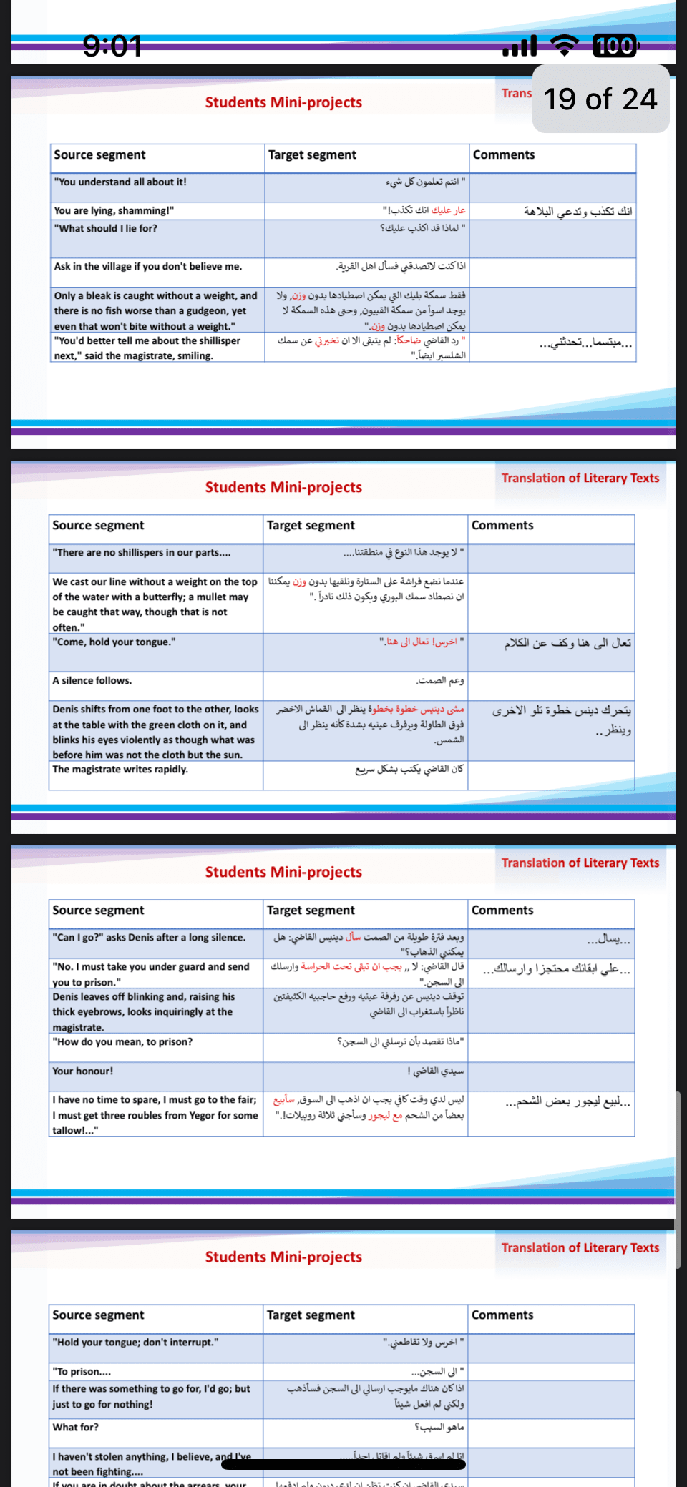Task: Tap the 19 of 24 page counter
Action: [x=600, y=99]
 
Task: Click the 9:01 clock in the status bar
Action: [x=112, y=46]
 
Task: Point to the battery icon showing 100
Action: [x=615, y=46]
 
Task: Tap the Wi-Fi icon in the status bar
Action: [x=565, y=46]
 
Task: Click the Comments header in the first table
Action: [x=504, y=155]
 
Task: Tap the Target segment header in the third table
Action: [x=311, y=911]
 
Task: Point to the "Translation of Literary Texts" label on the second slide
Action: [x=580, y=478]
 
